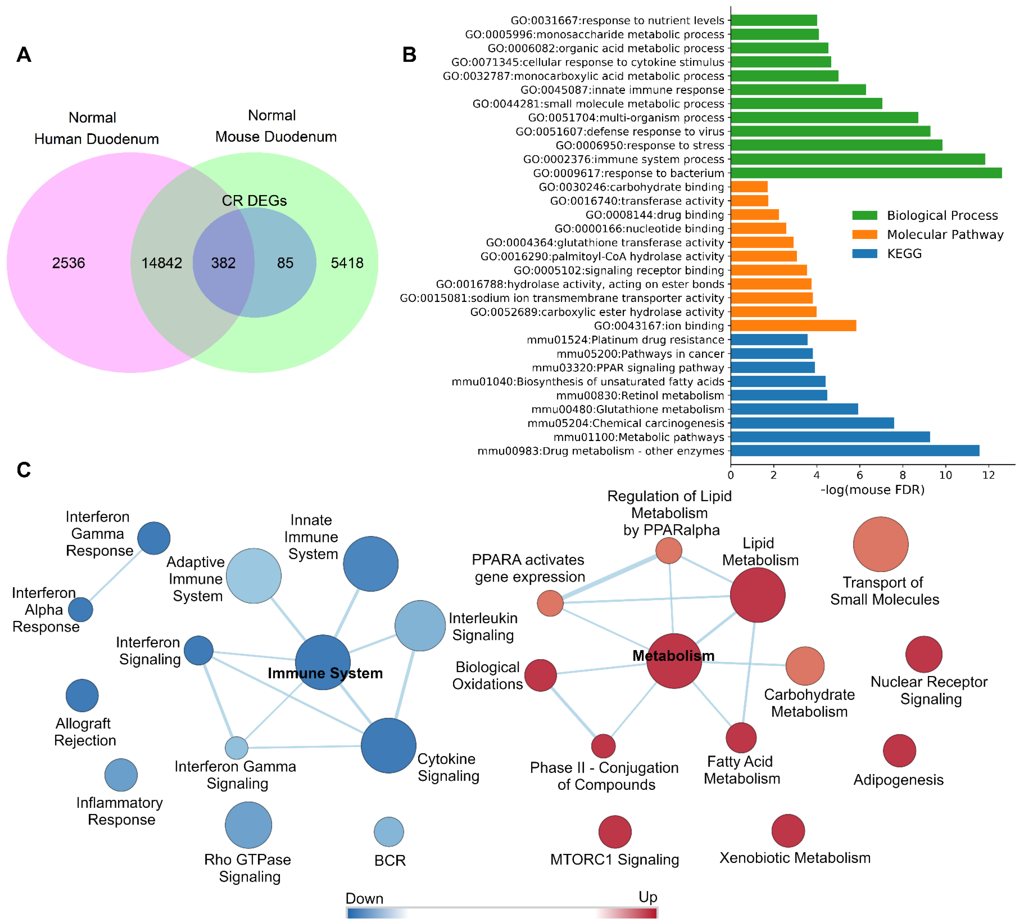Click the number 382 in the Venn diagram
[223, 263]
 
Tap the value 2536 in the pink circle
[69, 263]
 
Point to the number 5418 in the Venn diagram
[347, 263]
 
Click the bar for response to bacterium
[866, 173]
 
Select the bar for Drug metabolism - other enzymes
[854, 451]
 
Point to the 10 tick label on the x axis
[945, 475]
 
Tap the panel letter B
[409, 55]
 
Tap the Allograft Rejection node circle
[82, 696]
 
